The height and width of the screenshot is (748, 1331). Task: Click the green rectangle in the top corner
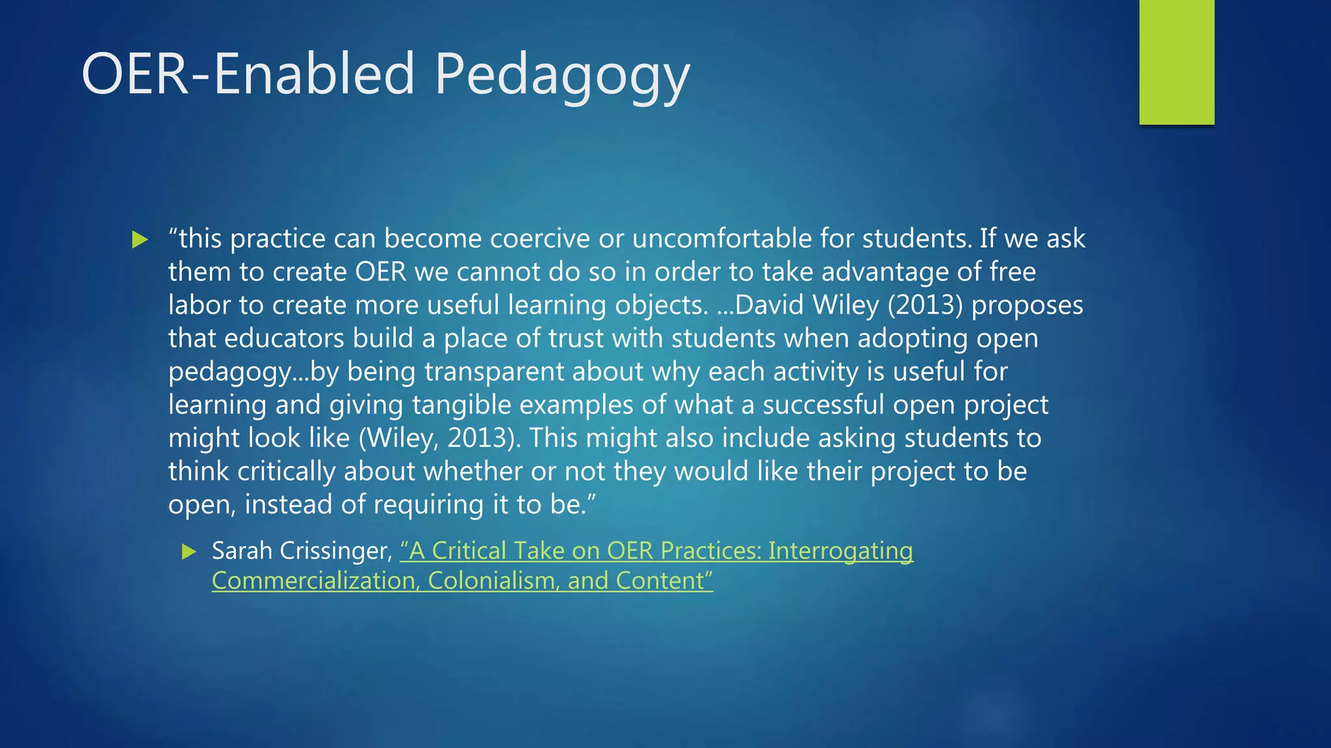coord(1176,62)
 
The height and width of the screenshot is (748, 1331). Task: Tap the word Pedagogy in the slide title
coord(562,76)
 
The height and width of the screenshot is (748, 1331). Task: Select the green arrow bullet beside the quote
coord(139,240)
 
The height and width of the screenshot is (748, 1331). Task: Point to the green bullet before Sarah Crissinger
coord(188,552)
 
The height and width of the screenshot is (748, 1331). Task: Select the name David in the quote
coord(769,305)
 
